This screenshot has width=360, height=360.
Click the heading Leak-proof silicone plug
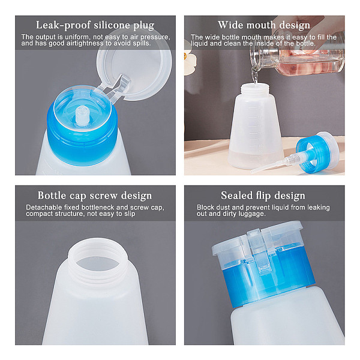tap(95, 25)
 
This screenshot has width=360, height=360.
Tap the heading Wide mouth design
tap(264, 25)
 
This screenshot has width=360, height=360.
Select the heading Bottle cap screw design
tap(95, 196)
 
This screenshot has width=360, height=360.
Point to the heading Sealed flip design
tap(263, 196)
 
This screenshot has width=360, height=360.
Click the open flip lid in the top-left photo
tap(134, 64)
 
